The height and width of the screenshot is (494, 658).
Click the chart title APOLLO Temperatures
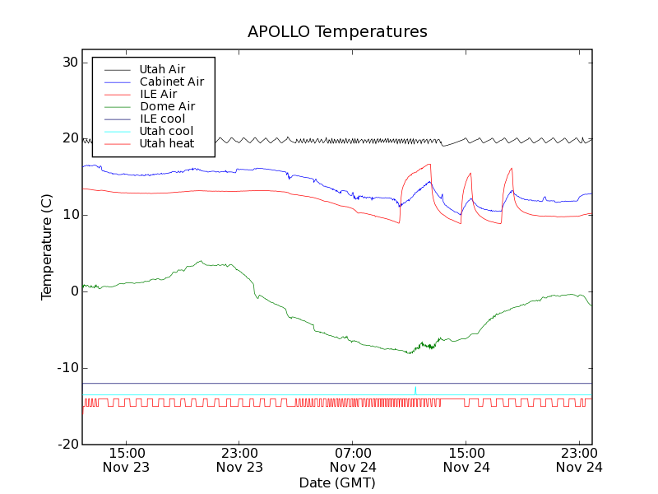pyautogui.click(x=337, y=32)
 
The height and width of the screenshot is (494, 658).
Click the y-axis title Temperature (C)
pyautogui.click(x=47, y=247)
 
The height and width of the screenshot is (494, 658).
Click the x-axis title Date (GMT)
pyautogui.click(x=337, y=482)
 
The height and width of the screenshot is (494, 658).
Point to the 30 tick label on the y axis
pyautogui.click(x=68, y=63)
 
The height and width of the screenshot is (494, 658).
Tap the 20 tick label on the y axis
pyautogui.click(x=68, y=138)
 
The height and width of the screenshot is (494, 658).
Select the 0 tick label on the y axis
pyautogui.click(x=73, y=291)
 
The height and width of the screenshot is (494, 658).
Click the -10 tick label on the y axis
pyautogui.click(x=67, y=368)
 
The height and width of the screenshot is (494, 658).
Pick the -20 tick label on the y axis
pyautogui.click(x=67, y=445)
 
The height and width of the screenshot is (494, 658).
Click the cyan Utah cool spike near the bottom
pyautogui.click(x=415, y=389)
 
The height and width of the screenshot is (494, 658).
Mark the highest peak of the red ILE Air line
pyautogui.click(x=429, y=164)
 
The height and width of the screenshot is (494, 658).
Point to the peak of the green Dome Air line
pyautogui.click(x=200, y=262)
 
